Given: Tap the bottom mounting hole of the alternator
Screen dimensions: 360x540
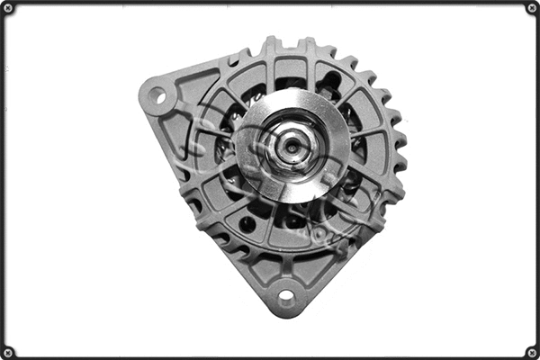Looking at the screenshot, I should [x=287, y=294].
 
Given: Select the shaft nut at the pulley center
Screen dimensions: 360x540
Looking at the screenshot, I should [x=290, y=146].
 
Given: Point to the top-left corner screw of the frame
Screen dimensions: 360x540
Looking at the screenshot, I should [x=7, y=7].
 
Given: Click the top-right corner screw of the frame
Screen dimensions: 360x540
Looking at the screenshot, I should [x=532, y=7].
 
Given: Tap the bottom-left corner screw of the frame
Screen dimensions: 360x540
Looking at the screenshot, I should [x=7, y=352].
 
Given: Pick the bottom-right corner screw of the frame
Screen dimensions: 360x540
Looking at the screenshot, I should [x=532, y=352].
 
